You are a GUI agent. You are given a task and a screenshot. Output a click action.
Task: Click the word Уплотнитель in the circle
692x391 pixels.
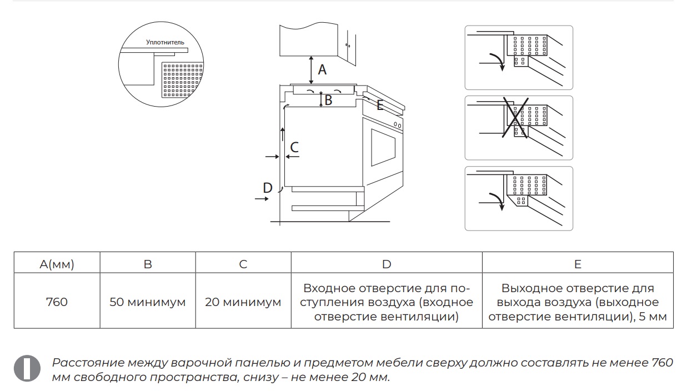coord(165,42)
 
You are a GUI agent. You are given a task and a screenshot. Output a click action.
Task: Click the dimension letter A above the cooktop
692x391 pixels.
coord(322,70)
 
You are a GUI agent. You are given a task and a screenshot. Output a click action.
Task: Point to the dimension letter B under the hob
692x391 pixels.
coord(328,100)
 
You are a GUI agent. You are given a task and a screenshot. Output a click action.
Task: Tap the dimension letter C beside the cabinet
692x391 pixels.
coord(294,147)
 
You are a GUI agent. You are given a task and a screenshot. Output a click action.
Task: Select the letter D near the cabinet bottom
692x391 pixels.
coord(268,188)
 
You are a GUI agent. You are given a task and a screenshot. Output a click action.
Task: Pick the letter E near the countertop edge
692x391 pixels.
coord(380,105)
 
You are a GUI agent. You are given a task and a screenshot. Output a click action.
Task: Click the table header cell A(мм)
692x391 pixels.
coord(57,264)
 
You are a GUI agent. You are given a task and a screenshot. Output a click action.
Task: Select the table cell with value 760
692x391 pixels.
coord(57,302)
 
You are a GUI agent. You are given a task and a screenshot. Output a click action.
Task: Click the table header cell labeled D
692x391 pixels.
coord(387,264)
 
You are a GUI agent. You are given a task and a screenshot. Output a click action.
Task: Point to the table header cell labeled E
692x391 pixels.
coord(578,264)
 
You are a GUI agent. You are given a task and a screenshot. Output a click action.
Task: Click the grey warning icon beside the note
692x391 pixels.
coord(27,368)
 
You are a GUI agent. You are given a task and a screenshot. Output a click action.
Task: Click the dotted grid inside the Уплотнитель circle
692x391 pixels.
coord(181,80)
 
